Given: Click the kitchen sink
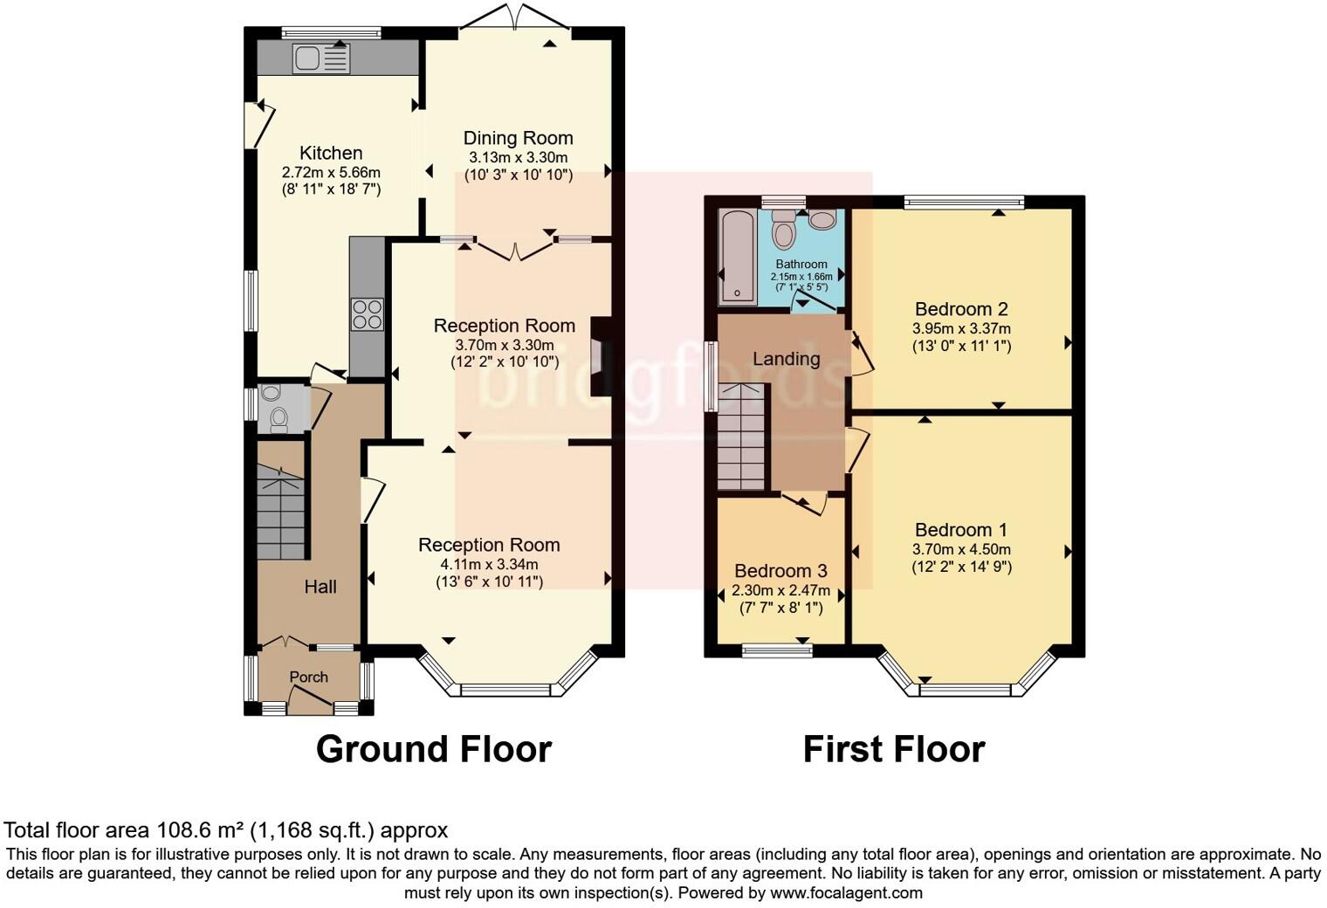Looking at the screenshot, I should pos(321,58).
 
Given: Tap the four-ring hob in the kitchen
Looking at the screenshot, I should pos(367,314).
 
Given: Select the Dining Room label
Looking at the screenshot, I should pos(518,138).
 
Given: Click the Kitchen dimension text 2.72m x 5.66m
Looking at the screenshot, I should pos(331,173).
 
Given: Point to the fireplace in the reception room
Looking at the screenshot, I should pos(601,356).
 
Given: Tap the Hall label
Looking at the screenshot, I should pos(320,587).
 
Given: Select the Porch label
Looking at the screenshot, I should pos(308,677).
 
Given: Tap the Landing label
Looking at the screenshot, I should pos(786,359).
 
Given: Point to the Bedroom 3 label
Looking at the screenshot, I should pos(780,571).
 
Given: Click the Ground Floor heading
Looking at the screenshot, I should pos(433,749).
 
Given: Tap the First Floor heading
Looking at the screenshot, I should pos(893,749).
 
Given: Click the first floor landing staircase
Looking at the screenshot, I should pos(741,441).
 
